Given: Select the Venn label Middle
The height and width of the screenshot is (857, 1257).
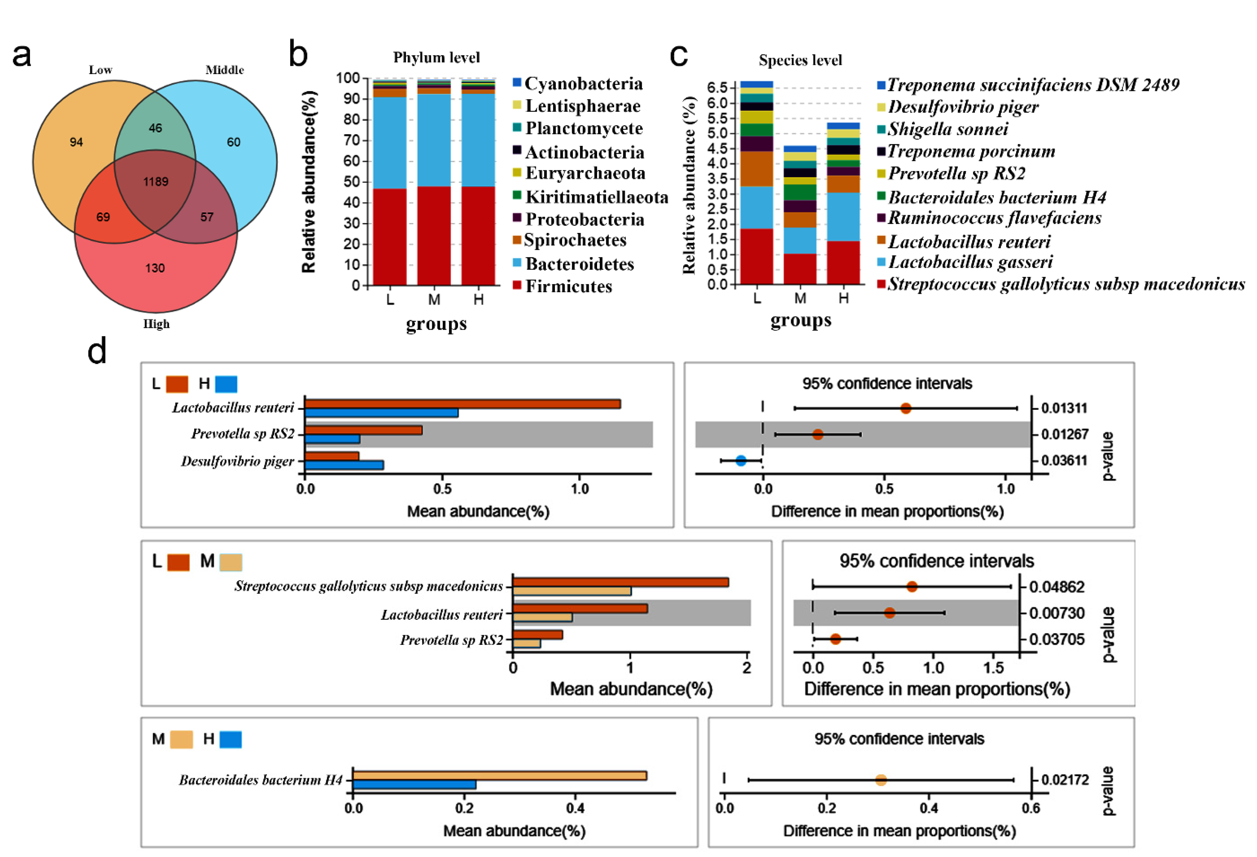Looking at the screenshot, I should [x=224, y=70].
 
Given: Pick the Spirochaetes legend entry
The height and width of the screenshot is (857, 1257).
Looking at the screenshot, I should [x=574, y=240].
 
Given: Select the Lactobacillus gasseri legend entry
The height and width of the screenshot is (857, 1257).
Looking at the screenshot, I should [x=970, y=262].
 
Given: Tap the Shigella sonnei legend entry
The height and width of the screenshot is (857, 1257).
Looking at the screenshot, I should [x=948, y=129].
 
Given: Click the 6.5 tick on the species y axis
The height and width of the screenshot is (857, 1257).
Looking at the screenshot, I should [x=717, y=88].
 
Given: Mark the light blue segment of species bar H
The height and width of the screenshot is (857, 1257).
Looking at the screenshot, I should [x=843, y=216].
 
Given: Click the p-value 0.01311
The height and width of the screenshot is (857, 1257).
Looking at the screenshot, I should [x=1064, y=408].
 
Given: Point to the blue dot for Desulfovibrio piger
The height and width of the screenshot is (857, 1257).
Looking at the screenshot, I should [x=741, y=460].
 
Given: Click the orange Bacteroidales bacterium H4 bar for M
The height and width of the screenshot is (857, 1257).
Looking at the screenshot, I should [x=499, y=775].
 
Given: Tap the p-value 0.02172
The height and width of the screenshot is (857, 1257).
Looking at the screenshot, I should [x=1065, y=780].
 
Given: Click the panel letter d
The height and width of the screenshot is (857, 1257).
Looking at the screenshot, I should [x=97, y=352].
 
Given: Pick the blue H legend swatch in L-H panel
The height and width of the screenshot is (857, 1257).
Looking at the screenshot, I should [x=226, y=384].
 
